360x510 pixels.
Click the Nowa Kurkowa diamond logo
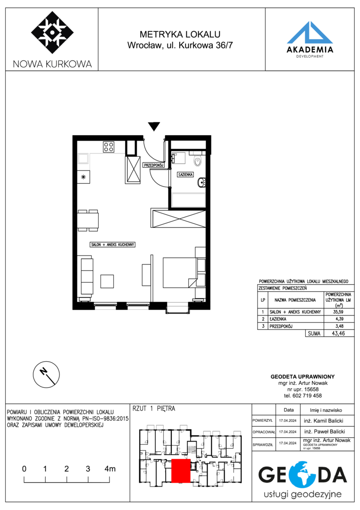(x=52, y=33)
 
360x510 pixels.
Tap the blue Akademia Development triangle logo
(x=310, y=33)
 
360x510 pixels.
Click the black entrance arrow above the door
(x=154, y=127)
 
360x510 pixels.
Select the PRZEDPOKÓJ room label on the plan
(x=153, y=165)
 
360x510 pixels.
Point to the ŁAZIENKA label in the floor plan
(x=185, y=175)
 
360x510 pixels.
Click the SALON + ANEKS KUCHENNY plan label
(x=112, y=245)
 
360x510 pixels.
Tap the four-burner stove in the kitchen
(x=109, y=147)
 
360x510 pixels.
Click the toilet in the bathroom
(x=198, y=161)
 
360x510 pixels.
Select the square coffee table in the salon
(x=107, y=281)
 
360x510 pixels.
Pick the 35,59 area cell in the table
(x=338, y=312)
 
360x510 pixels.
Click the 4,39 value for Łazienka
(x=339, y=319)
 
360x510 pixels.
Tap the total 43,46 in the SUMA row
(x=338, y=333)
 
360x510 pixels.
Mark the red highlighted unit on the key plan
(x=181, y=471)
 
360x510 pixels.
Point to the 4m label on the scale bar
(x=110, y=469)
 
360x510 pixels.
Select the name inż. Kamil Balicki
(x=323, y=421)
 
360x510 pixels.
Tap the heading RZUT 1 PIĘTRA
(x=154, y=408)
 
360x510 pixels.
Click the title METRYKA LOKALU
(x=180, y=34)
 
